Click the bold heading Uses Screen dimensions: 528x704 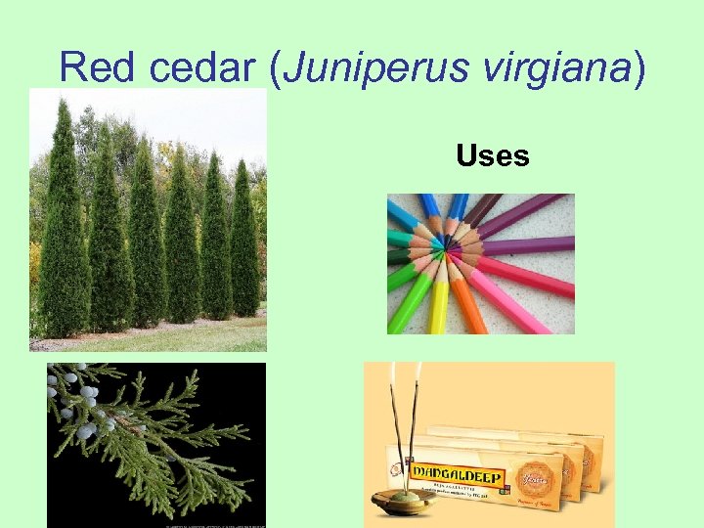tap(493, 155)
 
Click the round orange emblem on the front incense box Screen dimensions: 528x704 tap(542, 463)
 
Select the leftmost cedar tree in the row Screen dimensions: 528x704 tap(63, 225)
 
